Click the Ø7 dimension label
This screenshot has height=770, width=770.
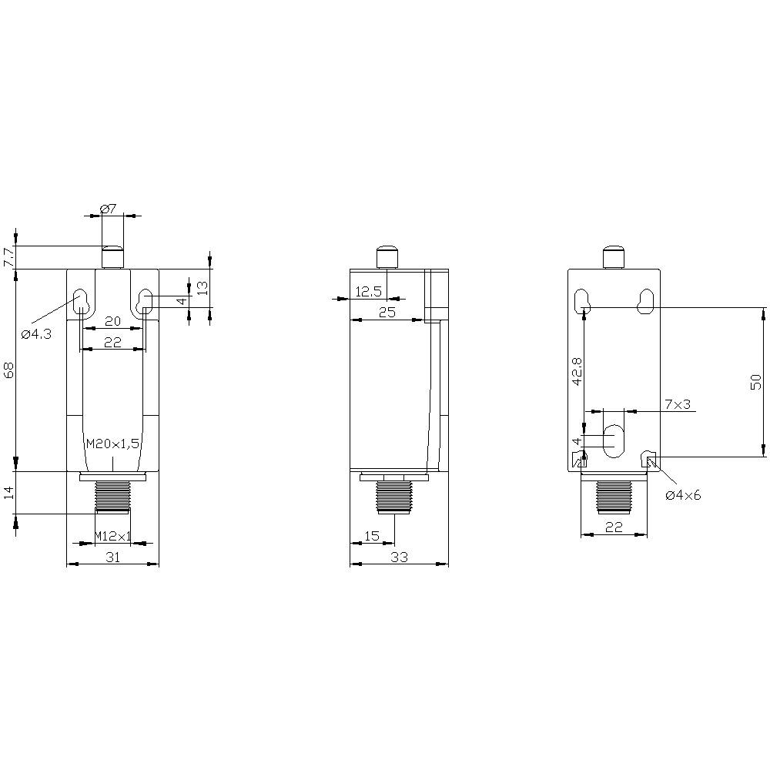click(x=108, y=209)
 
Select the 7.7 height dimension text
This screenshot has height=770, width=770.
click(x=8, y=258)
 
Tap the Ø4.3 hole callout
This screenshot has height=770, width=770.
click(x=36, y=334)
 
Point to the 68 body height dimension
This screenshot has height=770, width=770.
click(x=8, y=370)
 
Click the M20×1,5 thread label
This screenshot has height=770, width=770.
click(x=112, y=444)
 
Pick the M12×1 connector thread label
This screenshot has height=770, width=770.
click(x=112, y=535)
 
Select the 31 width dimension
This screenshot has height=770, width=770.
click(x=112, y=557)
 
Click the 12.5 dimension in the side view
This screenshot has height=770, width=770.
click(x=368, y=291)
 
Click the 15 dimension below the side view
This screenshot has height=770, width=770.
click(x=371, y=535)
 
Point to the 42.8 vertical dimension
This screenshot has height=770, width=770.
click(x=577, y=370)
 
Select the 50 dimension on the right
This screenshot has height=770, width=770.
click(x=755, y=383)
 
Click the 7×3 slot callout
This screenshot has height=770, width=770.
click(x=676, y=404)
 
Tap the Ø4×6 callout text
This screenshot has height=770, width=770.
click(x=684, y=495)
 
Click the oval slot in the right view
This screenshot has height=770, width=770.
click(x=614, y=440)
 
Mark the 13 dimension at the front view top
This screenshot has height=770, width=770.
click(x=202, y=288)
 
